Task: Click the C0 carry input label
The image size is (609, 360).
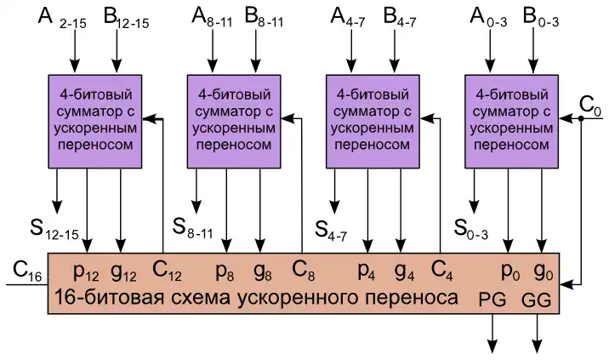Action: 589,106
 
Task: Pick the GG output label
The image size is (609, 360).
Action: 537,300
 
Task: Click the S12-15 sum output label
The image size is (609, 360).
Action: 52,227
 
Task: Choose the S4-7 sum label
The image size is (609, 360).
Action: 333,228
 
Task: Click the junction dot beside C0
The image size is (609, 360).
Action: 580,119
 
